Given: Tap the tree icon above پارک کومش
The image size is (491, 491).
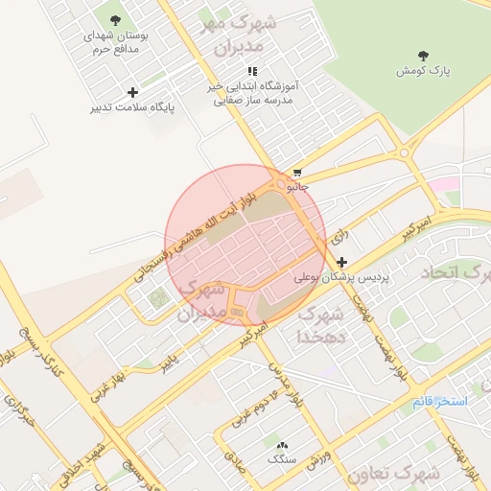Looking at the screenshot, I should (421, 55).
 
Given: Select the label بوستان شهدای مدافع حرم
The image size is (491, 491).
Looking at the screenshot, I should (113, 41).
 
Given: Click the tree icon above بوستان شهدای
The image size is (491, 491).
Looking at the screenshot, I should (115, 19).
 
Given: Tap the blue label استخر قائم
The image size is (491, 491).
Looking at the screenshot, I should (440, 400).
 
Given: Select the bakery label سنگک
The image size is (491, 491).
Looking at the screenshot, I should (282, 459).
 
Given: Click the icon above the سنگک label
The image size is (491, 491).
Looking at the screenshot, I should (282, 446).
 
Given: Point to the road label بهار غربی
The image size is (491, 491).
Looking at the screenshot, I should (107, 377).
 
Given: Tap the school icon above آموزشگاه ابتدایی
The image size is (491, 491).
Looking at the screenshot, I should (252, 71).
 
